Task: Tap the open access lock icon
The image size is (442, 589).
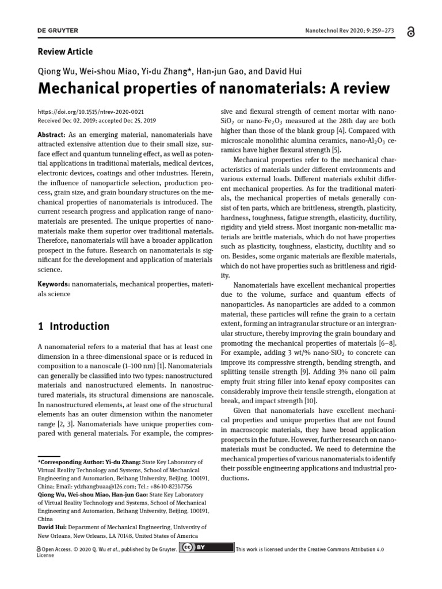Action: click(409, 33)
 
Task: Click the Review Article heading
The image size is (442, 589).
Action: click(65, 52)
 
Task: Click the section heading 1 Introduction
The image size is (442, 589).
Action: click(73, 327)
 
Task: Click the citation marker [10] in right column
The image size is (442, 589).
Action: click(311, 401)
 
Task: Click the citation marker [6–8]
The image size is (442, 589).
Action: click(386, 343)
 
